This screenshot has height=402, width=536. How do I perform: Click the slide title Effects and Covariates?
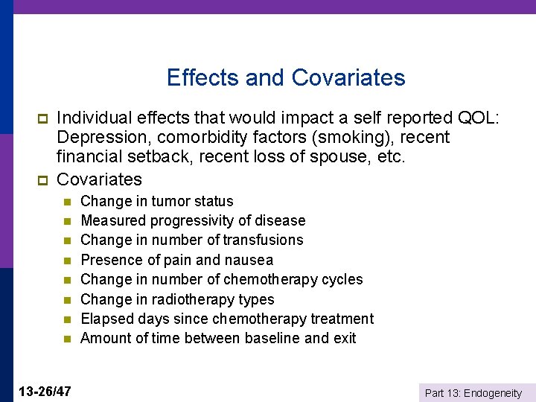click(x=286, y=77)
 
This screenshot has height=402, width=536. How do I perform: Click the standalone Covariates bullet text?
click(x=99, y=179)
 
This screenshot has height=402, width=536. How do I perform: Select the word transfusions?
click(x=264, y=240)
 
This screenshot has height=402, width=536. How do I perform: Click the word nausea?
click(x=249, y=260)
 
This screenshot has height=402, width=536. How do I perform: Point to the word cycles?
click(x=342, y=279)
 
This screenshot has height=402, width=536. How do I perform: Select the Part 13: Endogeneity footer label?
click(x=473, y=393)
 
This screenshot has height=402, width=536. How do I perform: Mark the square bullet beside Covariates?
click(x=42, y=180)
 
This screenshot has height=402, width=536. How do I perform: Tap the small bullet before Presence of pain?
click(x=66, y=261)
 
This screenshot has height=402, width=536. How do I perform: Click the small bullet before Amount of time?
click(x=66, y=339)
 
